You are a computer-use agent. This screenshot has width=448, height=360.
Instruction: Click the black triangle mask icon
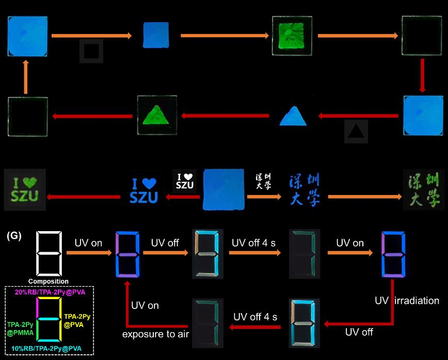(x=356, y=132)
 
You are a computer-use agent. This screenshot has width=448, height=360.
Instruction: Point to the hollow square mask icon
(x=91, y=51)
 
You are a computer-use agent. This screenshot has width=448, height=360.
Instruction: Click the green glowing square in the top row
(x=293, y=36)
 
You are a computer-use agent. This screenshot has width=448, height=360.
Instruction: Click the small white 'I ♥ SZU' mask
(x=184, y=181)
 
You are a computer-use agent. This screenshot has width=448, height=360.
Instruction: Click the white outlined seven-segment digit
(x=50, y=253)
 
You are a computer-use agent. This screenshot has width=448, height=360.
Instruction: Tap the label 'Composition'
(x=49, y=281)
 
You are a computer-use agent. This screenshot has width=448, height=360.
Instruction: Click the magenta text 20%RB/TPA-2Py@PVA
(x=50, y=292)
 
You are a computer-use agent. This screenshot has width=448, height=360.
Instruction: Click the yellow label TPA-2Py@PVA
(x=76, y=320)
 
